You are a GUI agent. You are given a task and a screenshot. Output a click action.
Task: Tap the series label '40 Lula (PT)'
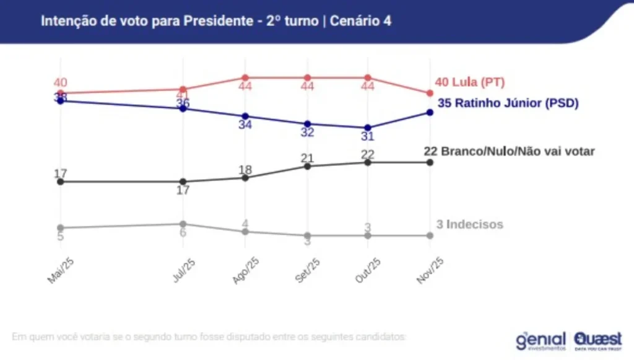[x=470, y=82]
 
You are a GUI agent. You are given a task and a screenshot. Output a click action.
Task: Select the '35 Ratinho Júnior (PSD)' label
[x=508, y=103]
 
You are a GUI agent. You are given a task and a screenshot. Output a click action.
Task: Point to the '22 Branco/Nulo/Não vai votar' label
[x=509, y=151]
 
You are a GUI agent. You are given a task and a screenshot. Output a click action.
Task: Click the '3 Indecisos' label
[x=469, y=224]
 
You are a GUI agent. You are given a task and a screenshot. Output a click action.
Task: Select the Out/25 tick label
[x=368, y=271]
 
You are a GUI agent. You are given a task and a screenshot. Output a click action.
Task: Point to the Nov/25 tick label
[x=430, y=271]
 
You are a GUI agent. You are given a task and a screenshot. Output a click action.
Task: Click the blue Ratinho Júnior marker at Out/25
[x=368, y=128]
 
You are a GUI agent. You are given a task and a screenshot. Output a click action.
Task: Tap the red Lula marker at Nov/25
[x=430, y=93]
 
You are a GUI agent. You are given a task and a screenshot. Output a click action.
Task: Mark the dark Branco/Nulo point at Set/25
[x=306, y=166]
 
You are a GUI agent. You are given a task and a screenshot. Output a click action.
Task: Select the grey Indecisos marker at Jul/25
[x=183, y=224]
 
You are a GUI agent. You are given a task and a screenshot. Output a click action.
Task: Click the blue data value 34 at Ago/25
[x=245, y=125]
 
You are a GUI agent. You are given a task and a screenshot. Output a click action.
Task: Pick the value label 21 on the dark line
[x=307, y=158]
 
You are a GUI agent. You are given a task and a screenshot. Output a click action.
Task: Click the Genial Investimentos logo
[x=541, y=340]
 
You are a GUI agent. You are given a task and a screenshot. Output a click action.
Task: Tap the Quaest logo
[x=597, y=340]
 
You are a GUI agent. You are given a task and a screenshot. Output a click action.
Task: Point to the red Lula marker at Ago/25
[x=245, y=78]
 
